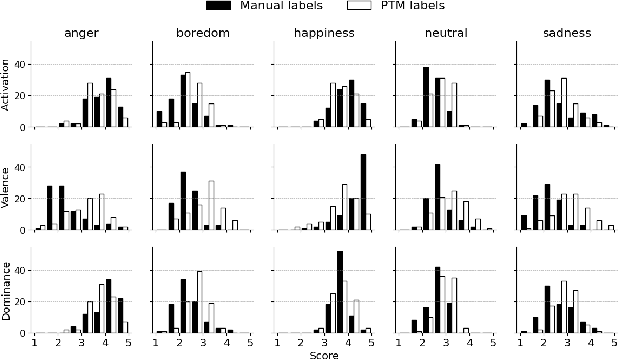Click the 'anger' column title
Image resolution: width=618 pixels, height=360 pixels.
82,32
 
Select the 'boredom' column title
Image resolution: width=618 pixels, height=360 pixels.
204,32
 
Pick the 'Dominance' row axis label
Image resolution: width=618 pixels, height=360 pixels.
8,290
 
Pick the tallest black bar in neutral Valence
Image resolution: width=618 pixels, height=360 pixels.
437,198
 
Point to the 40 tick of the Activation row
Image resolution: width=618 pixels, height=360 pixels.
24,64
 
